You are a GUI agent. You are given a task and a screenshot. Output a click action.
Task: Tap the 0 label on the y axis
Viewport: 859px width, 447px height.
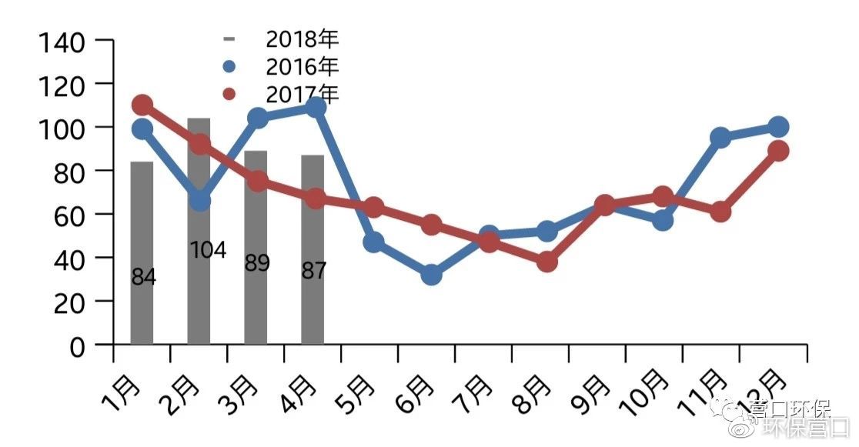77,347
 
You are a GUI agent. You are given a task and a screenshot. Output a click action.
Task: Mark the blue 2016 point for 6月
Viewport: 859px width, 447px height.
431,275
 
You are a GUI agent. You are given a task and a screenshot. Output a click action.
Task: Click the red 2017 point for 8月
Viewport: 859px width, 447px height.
546,262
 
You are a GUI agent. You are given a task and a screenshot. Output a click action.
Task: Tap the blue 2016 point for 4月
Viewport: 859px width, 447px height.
316,108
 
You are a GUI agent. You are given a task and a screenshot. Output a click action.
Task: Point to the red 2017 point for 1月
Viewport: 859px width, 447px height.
142,105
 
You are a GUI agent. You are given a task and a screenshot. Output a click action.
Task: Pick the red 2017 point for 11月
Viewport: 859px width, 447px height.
720,212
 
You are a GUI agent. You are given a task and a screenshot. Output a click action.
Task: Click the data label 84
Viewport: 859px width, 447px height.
143,278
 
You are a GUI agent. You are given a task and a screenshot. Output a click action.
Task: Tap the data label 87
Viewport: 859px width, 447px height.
314,271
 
